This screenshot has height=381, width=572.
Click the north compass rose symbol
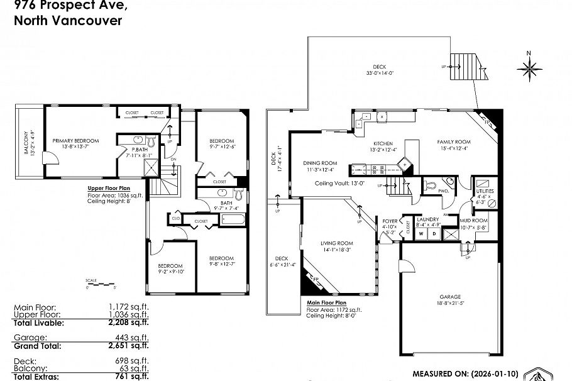click(x=529, y=66)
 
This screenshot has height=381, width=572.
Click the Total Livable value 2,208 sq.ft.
click(x=128, y=323)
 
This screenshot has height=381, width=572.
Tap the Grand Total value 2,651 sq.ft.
click(x=128, y=345)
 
